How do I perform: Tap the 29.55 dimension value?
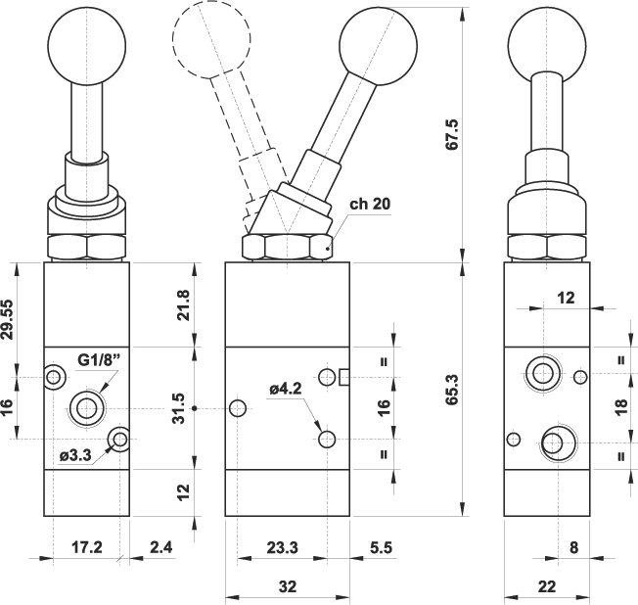(9, 320)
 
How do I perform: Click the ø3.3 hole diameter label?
(75, 455)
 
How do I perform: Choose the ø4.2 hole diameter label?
(287, 390)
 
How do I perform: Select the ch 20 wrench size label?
(371, 205)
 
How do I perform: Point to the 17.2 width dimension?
(87, 547)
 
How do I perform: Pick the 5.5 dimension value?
(381, 547)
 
